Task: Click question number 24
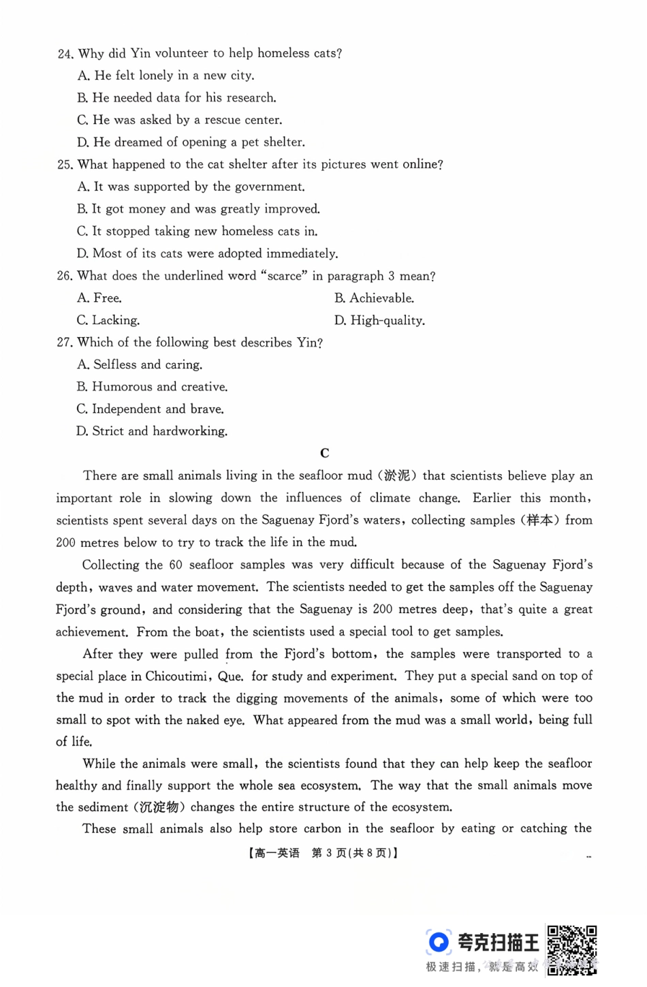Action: point(65,54)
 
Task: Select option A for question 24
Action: point(165,76)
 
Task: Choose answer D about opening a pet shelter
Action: point(191,142)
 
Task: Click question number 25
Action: point(65,165)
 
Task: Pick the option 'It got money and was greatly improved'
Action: point(198,209)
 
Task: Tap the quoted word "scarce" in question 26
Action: point(284,276)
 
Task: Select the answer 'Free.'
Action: point(99,298)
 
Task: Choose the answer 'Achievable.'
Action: point(374,298)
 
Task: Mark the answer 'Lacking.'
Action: point(108,320)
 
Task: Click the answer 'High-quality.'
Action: point(379,320)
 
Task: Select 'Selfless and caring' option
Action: point(140,364)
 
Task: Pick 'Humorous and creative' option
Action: point(152,387)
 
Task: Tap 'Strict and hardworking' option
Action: point(152,431)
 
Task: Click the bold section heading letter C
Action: point(325,453)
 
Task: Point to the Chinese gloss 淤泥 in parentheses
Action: point(397,475)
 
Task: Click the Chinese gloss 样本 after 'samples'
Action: point(539,520)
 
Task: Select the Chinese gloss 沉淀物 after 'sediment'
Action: point(159,807)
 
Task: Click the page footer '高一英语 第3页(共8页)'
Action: point(323,853)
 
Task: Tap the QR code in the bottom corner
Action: point(572,949)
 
